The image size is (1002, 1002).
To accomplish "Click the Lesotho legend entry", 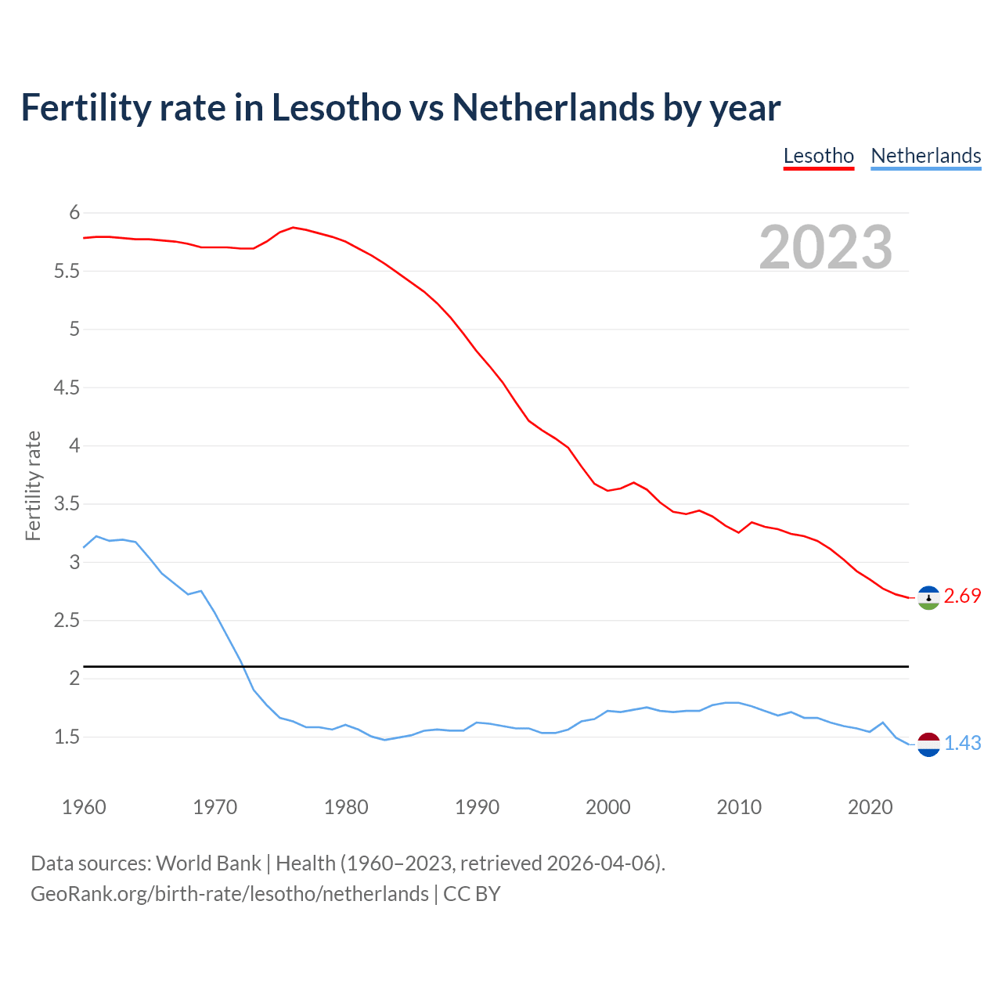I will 818,156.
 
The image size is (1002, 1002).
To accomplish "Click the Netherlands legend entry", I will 925,156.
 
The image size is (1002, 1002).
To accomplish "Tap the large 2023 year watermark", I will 825,247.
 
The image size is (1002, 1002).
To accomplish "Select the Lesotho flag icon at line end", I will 928,597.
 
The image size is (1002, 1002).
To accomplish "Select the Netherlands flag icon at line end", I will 928,744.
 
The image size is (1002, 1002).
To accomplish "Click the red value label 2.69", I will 962,597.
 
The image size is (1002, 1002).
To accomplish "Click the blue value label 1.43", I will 962,744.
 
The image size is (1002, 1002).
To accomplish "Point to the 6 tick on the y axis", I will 74,213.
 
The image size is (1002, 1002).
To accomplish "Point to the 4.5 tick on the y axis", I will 67,387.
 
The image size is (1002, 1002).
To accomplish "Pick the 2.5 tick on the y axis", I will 67,621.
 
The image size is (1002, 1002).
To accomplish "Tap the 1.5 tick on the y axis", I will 67,737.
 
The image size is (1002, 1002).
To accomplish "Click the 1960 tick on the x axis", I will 84,807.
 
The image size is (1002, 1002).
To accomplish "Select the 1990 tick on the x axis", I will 477,807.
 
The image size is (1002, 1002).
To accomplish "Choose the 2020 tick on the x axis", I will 870,807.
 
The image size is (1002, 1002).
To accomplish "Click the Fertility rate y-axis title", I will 33,485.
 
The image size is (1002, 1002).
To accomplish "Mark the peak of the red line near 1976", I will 293,227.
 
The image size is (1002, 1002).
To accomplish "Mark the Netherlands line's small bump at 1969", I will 201,591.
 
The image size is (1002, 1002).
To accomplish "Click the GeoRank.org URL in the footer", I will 229,894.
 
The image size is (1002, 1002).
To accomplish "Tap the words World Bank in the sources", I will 208,863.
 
